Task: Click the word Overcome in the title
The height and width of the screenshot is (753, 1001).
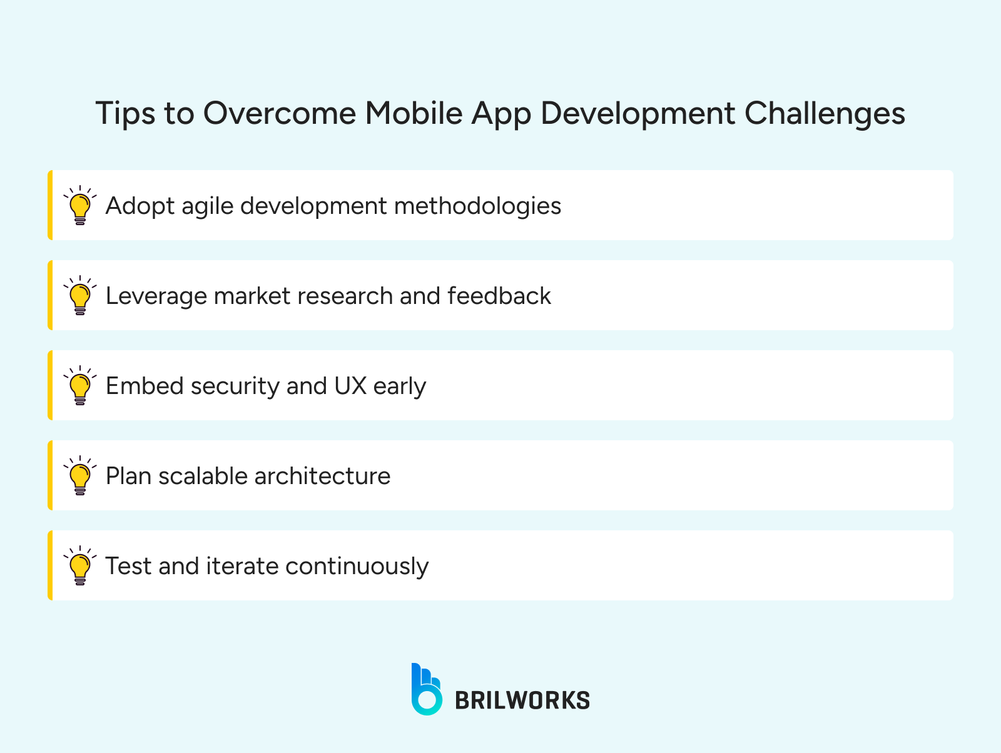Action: (x=280, y=113)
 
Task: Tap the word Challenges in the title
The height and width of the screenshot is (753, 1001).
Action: (x=825, y=114)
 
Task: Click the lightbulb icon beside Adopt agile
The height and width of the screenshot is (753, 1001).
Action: (x=80, y=205)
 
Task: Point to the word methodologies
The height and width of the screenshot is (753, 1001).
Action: (x=477, y=206)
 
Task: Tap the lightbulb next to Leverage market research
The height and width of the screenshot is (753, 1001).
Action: (x=80, y=295)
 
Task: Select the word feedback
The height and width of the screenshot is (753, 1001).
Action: (x=499, y=295)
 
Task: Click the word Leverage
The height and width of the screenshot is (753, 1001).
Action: (x=156, y=296)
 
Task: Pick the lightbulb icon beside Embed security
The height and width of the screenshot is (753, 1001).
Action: (x=80, y=385)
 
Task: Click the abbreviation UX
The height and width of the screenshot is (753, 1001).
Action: (x=350, y=386)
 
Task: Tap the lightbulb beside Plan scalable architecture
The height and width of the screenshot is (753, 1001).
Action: (x=80, y=475)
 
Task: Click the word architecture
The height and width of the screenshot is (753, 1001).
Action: (x=322, y=476)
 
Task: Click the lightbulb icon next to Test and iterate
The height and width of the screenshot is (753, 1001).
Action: (x=80, y=565)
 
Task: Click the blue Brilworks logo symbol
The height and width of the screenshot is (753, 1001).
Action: (x=427, y=689)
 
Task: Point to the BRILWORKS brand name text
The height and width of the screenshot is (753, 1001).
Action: (x=522, y=700)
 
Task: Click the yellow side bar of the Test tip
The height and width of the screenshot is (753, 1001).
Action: (x=50, y=565)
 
